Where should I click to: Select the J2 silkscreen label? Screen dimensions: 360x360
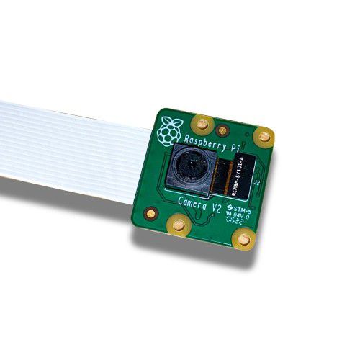(x=256, y=183)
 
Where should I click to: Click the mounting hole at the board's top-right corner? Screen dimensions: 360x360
(x=264, y=135)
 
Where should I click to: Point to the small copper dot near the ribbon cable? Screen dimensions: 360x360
(x=150, y=212)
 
